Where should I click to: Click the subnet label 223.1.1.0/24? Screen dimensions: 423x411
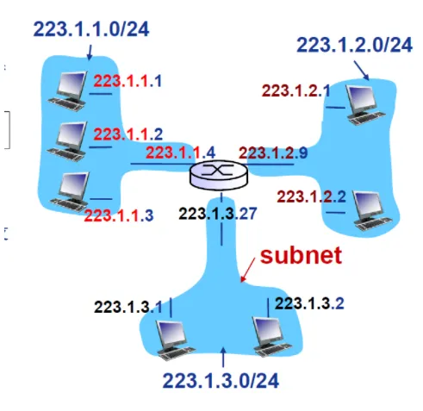[x=91, y=29]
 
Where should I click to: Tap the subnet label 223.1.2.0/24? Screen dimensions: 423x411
[x=355, y=45]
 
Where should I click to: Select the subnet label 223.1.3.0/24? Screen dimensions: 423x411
[x=221, y=381]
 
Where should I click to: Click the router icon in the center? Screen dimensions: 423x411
[x=218, y=175]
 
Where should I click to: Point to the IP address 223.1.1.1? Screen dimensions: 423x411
[x=128, y=81]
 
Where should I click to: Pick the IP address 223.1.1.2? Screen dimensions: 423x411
[x=128, y=134]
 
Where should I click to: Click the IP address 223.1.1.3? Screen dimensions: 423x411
[x=119, y=215]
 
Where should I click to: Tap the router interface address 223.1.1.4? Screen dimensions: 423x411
[x=181, y=153]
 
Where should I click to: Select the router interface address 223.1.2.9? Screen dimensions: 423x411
[x=273, y=153]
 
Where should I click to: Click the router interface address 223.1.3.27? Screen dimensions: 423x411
[x=218, y=214]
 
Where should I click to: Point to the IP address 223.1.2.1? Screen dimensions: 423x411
[x=296, y=91]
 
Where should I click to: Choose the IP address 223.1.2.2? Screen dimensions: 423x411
[x=312, y=197]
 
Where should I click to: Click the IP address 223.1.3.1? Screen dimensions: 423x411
[x=128, y=307]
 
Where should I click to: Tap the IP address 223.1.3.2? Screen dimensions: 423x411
[x=309, y=303]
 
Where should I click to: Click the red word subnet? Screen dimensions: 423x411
[x=301, y=255]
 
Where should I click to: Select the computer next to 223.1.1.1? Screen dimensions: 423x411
[x=68, y=90]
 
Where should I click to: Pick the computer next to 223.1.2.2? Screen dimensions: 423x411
[x=373, y=211]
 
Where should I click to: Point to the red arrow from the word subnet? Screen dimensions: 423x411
[x=247, y=270]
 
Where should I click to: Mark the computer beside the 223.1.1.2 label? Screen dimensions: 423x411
[x=67, y=141]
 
